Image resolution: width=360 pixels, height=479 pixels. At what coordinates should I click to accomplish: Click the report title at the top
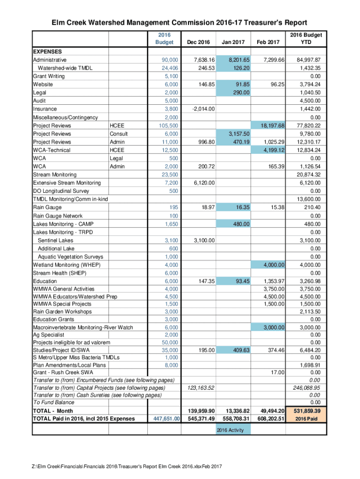tap(180, 22)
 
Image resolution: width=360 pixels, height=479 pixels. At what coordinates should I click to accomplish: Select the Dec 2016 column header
tap(198, 43)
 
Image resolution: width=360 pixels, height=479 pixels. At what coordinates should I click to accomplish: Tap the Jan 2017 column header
tap(233, 43)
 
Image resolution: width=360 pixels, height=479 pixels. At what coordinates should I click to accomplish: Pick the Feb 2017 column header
tap(268, 43)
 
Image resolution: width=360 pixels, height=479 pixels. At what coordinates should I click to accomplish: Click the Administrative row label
tap(50, 60)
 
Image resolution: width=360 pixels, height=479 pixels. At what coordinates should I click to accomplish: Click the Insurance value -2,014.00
tap(203, 109)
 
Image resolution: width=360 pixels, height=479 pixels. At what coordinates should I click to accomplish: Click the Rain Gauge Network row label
tap(58, 216)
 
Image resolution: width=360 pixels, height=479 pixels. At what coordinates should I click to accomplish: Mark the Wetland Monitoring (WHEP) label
tap(66, 265)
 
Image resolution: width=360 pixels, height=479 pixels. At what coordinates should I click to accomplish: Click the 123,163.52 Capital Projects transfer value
tap(201, 388)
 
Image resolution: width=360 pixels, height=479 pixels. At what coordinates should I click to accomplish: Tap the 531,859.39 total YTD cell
tap(306, 411)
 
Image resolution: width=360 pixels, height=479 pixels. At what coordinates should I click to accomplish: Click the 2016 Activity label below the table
tap(230, 430)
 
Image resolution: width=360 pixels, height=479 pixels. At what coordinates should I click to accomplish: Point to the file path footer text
tap(126, 466)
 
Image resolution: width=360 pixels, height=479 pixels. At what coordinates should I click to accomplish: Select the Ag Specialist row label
tap(50, 334)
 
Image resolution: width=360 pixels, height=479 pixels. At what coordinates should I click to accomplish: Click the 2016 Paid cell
tap(306, 419)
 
